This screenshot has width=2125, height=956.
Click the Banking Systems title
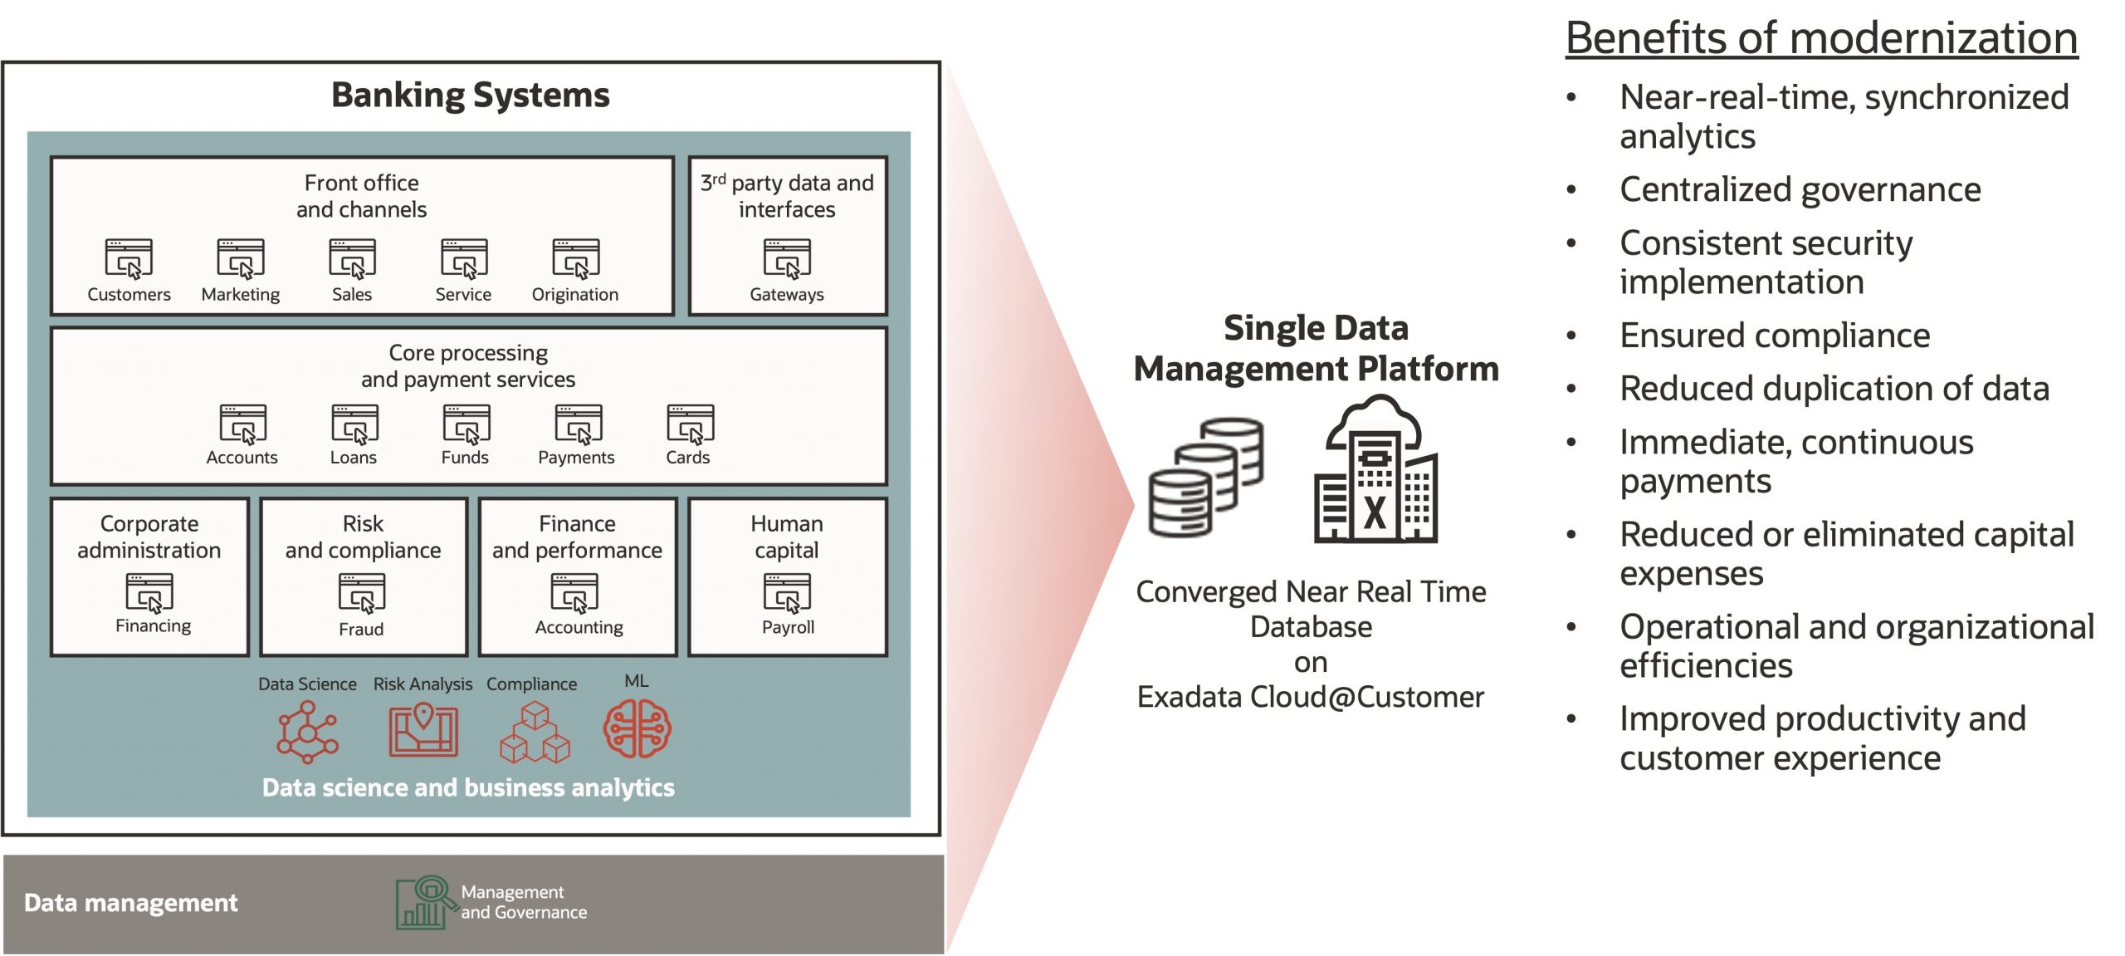pos(470,95)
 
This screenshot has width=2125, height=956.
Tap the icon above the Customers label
pos(129,258)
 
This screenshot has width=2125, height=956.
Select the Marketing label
pos(241,294)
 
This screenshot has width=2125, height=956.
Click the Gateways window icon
pos(787,258)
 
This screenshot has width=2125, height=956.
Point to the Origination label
pos(574,294)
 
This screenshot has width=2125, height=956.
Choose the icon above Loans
pos(354,424)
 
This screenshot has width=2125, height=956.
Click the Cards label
pos(687,457)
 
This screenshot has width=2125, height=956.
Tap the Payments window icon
pos(579,424)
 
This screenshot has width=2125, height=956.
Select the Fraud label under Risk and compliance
pos(361,629)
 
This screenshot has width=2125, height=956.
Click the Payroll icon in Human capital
pos(787,592)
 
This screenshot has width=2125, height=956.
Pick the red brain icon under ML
pos(637,728)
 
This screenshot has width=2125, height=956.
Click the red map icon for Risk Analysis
pos(423,730)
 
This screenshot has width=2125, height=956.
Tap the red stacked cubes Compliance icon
pos(535,732)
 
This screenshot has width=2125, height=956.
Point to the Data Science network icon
pos(308,732)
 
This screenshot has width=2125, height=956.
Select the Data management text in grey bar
pos(130,902)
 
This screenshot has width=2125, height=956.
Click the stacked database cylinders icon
pos(1206,478)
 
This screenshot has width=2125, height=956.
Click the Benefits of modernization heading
pos(1821,38)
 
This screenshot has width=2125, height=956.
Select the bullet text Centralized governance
pos(1800,189)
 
